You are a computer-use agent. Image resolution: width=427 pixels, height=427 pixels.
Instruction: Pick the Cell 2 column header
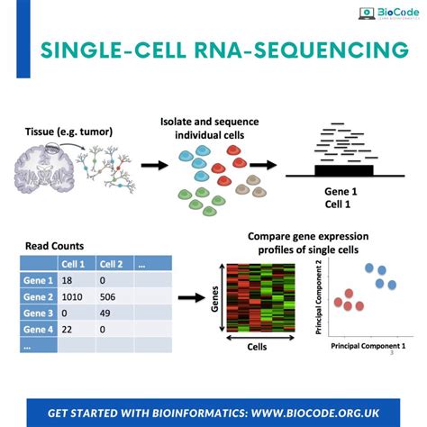(113, 265)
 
